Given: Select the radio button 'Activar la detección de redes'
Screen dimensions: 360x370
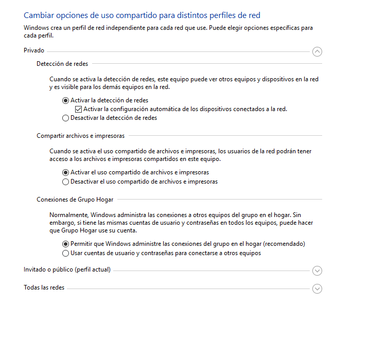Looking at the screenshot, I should point(65,101).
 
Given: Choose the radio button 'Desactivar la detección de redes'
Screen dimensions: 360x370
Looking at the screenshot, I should point(65,118).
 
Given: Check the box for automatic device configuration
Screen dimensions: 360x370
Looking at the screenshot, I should point(78,109).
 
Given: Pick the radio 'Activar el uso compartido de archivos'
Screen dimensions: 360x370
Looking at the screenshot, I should point(65,173).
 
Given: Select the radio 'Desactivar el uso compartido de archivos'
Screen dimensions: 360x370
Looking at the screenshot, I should point(65,182).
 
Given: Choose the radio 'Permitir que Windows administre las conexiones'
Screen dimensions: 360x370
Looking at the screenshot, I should point(65,244).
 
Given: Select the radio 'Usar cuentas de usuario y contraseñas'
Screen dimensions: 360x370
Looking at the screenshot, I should point(65,253).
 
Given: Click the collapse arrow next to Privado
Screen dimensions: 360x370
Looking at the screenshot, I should point(317,51).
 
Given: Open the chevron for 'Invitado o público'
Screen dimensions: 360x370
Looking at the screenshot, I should point(317,271).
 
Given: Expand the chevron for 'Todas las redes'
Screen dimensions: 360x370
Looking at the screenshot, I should point(317,289).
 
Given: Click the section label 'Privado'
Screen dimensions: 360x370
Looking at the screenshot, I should point(34,50).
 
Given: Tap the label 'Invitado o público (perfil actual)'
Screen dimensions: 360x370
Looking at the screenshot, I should point(67,269).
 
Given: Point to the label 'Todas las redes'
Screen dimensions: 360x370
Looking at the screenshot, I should point(44,287).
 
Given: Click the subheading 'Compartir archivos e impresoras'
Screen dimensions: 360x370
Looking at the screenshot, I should point(80,136).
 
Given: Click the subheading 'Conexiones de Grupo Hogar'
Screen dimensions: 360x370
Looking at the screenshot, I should point(75,200).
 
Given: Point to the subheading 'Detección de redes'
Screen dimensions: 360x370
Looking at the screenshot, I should point(62,64).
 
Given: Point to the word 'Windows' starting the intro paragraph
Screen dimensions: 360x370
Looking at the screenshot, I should point(36,28).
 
